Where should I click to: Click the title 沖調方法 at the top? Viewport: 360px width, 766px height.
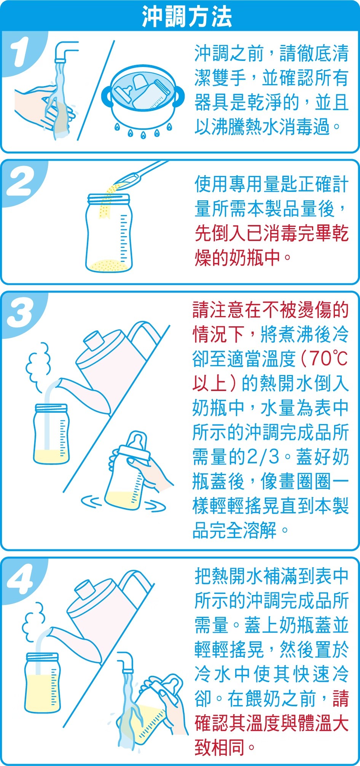[x=187, y=17]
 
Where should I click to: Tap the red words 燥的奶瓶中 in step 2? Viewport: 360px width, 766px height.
[x=237, y=258]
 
